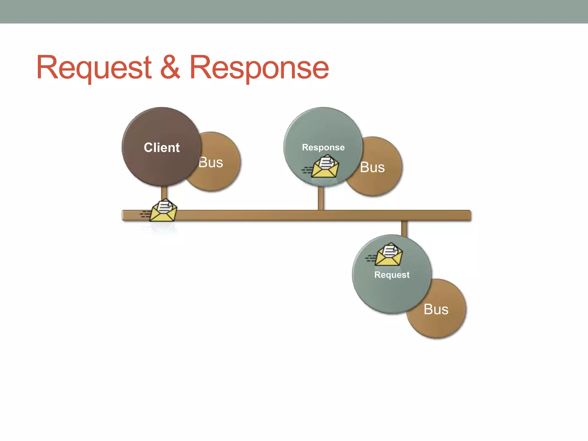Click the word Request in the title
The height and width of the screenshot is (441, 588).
(x=94, y=67)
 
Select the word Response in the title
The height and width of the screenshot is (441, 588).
(x=259, y=67)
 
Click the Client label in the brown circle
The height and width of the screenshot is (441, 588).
(x=162, y=148)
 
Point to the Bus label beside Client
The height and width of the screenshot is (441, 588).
(x=211, y=163)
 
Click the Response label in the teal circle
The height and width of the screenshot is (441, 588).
(x=323, y=147)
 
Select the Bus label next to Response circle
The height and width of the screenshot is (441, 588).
(x=372, y=167)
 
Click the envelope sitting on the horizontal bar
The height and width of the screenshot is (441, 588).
(x=163, y=211)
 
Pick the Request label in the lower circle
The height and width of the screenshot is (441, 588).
(x=392, y=275)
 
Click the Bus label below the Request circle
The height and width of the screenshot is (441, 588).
(x=436, y=310)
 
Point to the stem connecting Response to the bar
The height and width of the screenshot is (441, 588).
(x=321, y=199)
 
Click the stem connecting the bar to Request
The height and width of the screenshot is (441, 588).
(x=404, y=228)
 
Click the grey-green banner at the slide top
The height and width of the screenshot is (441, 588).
(x=294, y=11)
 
